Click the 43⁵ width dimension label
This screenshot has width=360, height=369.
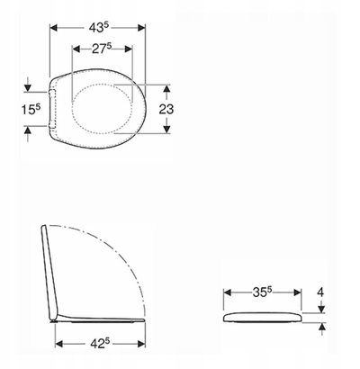point(98,28)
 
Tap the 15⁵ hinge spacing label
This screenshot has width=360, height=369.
point(31,109)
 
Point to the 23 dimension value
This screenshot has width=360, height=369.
point(166,109)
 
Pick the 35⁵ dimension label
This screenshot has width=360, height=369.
point(262,292)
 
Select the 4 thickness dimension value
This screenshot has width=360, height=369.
point(321,292)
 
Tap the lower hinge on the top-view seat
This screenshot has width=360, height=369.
point(52,124)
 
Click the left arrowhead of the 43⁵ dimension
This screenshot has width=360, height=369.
point(53,28)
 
